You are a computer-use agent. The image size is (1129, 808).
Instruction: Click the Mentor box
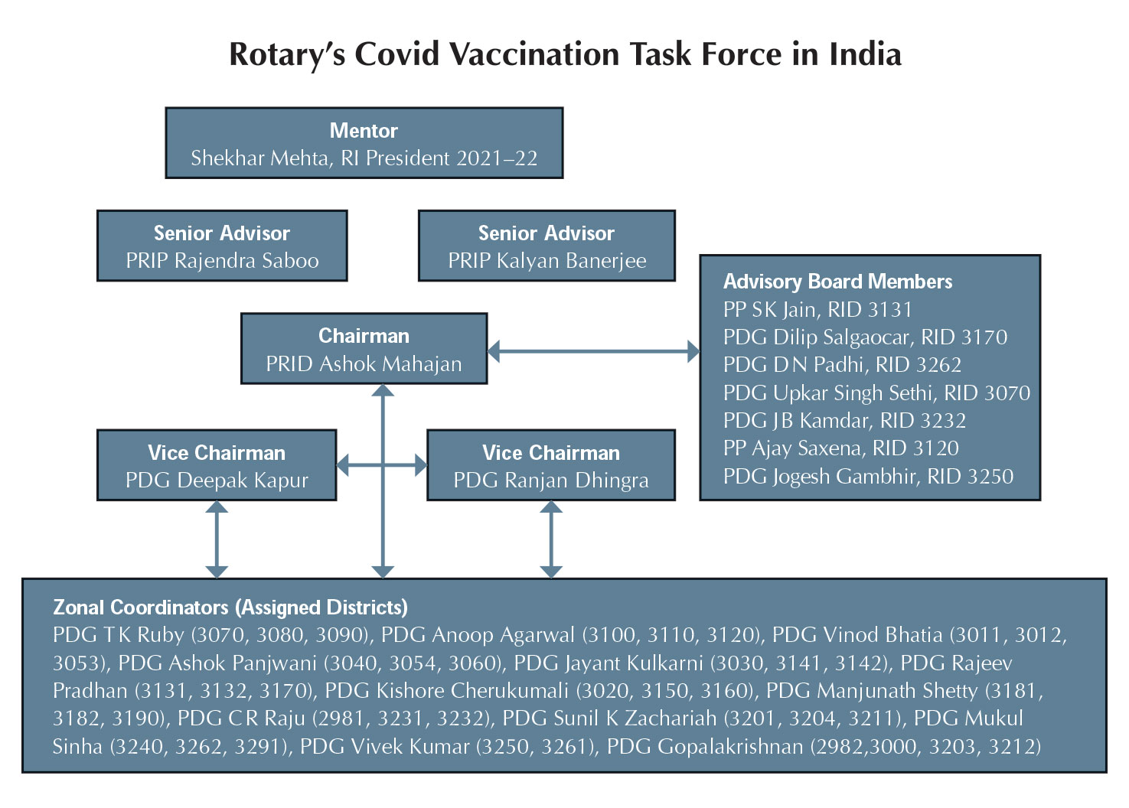tap(364, 143)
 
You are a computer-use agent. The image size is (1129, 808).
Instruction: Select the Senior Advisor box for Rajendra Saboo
tap(222, 246)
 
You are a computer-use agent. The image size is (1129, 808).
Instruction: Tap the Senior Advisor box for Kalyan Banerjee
tap(547, 246)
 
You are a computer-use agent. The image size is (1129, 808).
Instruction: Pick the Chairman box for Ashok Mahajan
tap(364, 349)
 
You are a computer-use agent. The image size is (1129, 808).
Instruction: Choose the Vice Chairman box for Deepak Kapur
tap(217, 465)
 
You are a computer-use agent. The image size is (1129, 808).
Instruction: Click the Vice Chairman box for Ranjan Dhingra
tap(551, 465)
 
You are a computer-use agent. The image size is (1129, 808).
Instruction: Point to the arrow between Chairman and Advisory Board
tap(594, 351)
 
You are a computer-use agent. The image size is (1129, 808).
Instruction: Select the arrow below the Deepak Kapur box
tap(217, 539)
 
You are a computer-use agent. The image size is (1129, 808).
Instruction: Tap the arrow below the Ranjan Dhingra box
tap(551, 539)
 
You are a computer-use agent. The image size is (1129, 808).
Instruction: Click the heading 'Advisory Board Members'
tap(837, 282)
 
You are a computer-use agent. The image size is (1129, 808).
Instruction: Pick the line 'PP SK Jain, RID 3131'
tap(817, 309)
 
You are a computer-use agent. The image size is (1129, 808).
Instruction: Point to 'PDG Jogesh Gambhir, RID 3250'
tap(868, 476)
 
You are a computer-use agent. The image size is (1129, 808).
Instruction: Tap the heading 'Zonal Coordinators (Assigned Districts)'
tap(230, 608)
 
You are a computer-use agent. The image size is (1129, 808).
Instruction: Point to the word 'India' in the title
tap(865, 54)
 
